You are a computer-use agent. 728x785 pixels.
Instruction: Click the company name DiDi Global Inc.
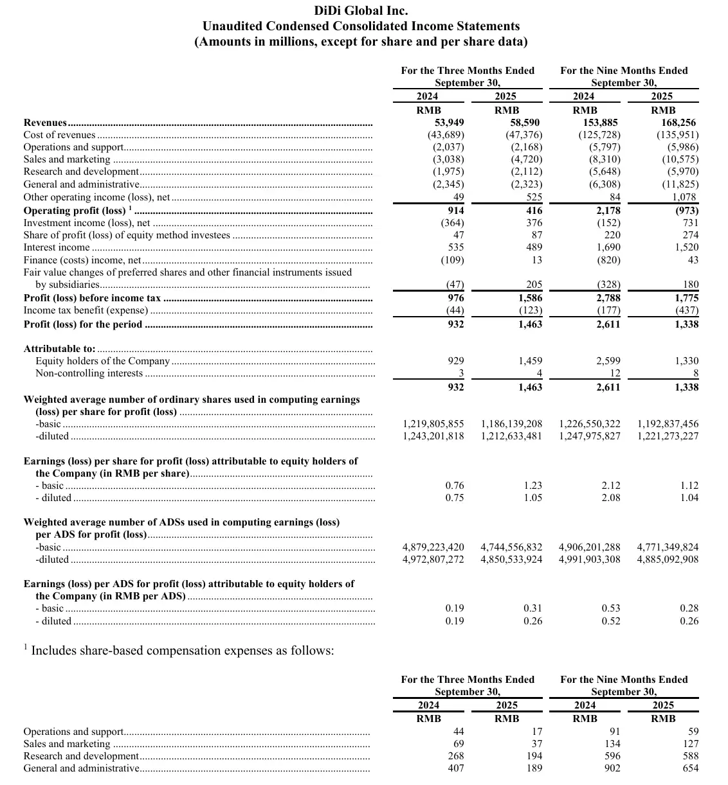(x=361, y=10)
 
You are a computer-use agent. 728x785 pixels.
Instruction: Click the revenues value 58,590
(x=525, y=123)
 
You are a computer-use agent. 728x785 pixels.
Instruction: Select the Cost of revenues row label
(x=59, y=135)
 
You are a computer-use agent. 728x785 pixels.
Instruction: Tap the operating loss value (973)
(x=686, y=211)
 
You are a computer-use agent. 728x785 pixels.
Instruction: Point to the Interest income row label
(x=57, y=247)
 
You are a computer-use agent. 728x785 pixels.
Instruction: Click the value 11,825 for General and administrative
(x=680, y=184)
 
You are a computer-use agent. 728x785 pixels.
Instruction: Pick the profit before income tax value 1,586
(x=530, y=298)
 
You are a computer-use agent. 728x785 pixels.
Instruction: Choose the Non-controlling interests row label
(x=89, y=373)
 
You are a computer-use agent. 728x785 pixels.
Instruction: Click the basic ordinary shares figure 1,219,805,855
(x=433, y=424)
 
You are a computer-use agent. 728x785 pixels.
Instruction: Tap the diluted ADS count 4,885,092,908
(x=667, y=560)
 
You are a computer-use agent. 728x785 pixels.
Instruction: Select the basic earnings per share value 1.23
(x=532, y=486)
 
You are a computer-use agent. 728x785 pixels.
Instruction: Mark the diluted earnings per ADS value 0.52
(x=611, y=621)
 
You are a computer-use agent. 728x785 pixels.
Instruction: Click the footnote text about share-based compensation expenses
(x=183, y=651)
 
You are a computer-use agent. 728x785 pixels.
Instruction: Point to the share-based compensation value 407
(x=455, y=768)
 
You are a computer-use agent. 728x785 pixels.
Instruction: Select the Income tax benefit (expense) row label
(x=86, y=310)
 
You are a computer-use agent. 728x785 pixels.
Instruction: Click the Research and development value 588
(x=690, y=756)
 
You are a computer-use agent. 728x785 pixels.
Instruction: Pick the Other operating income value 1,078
(x=684, y=197)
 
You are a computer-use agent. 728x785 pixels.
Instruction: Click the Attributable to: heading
(x=59, y=349)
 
